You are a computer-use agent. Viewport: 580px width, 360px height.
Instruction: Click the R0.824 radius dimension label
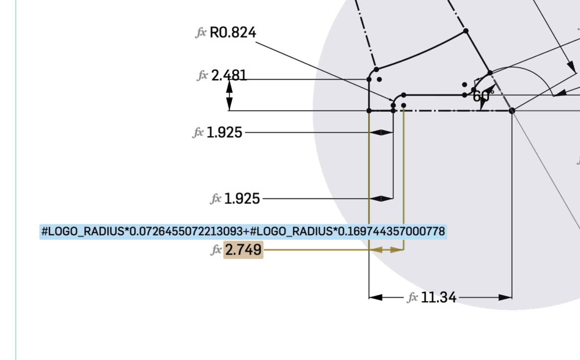[233, 33]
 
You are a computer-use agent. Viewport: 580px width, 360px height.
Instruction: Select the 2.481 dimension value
[229, 76]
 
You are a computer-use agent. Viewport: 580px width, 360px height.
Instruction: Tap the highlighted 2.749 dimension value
[243, 250]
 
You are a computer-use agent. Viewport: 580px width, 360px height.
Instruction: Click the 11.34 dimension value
[439, 297]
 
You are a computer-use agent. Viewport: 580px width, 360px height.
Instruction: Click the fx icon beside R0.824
[201, 33]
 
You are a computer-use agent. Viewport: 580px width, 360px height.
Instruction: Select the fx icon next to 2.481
[202, 76]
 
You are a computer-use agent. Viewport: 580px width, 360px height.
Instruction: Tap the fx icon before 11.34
[412, 297]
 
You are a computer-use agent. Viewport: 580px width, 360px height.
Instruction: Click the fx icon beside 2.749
[216, 250]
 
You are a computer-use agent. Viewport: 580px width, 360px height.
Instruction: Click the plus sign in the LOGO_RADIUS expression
[246, 231]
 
